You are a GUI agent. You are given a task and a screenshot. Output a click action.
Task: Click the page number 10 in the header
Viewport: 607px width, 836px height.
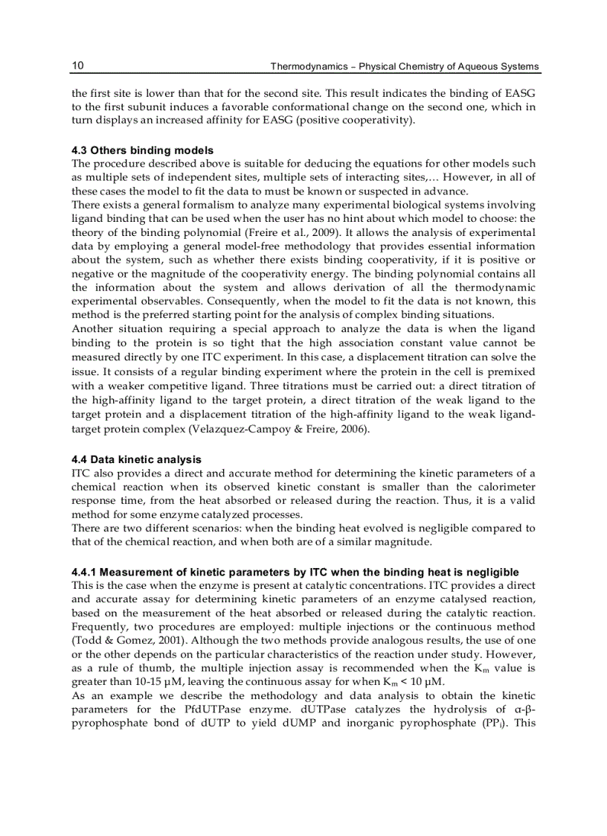click(x=77, y=66)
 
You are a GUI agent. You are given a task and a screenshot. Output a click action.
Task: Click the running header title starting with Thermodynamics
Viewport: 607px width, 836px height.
click(x=404, y=67)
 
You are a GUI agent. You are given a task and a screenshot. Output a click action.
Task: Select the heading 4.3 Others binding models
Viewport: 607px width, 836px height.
click(x=142, y=151)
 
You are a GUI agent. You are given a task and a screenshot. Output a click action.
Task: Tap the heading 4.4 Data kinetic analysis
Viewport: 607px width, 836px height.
click(x=136, y=460)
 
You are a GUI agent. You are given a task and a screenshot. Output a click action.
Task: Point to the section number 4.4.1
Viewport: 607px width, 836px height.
click(x=84, y=572)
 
